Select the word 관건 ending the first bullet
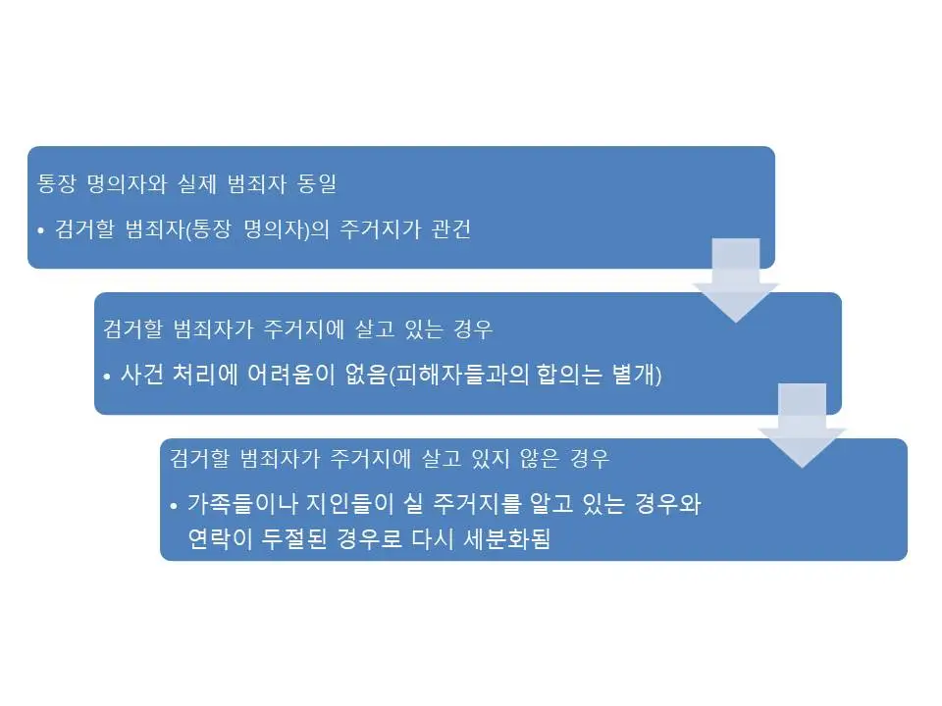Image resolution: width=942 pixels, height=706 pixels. point(450,231)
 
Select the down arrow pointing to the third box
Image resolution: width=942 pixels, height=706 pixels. point(803,426)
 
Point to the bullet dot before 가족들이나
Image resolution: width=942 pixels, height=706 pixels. point(174,507)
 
